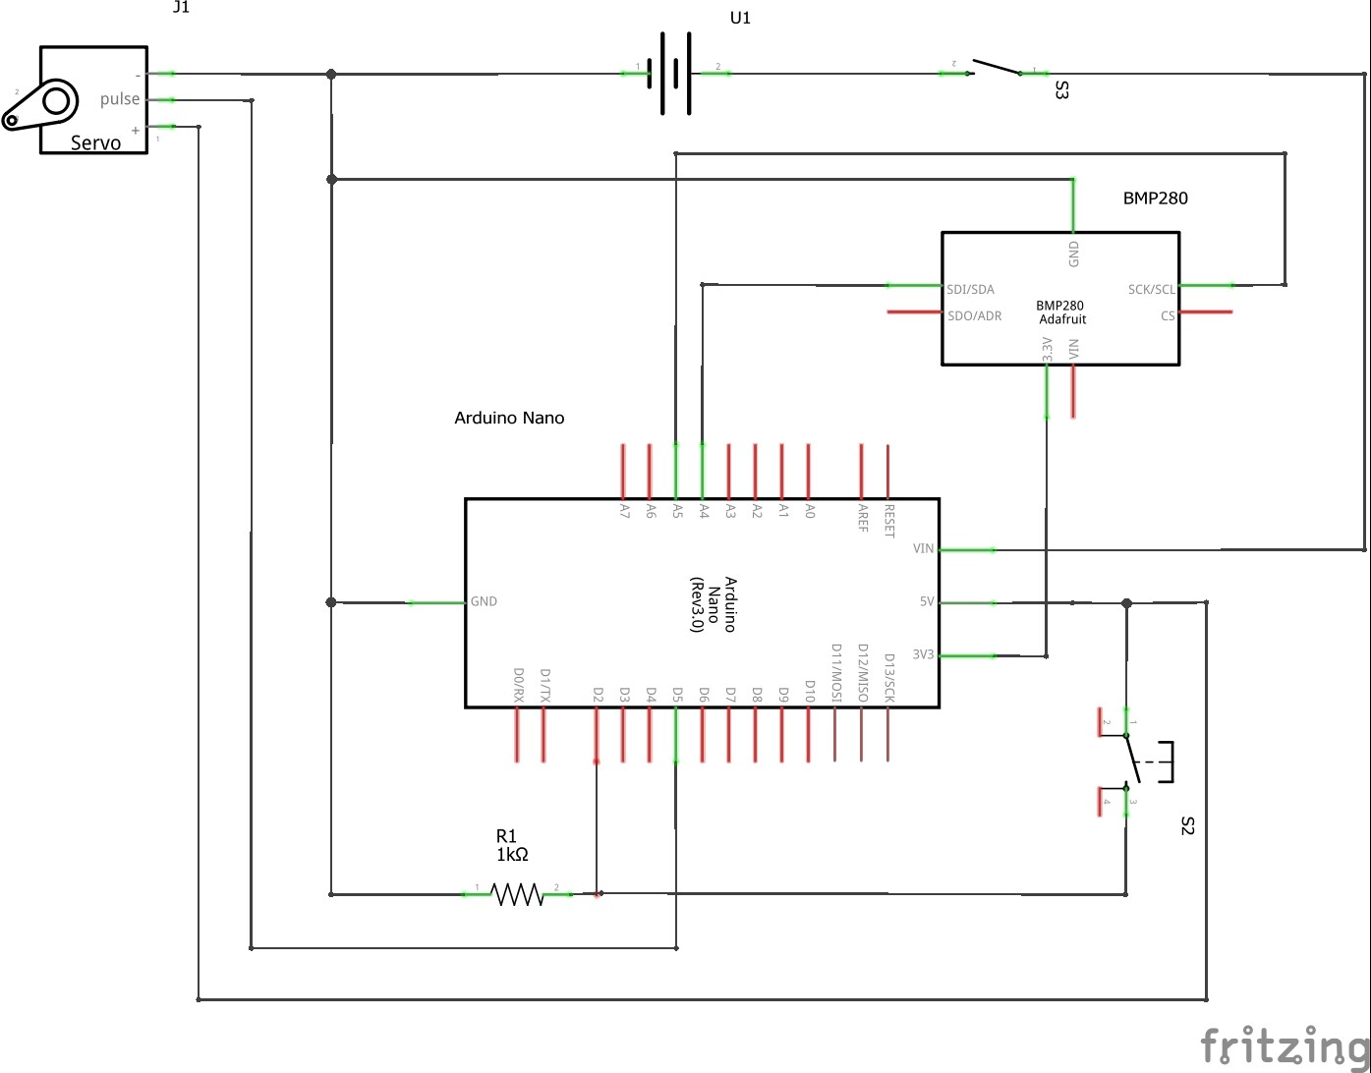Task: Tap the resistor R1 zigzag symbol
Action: point(517,894)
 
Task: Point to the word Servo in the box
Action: point(95,143)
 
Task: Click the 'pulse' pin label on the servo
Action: point(120,99)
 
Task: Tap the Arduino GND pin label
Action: point(484,601)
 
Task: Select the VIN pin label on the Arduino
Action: point(923,549)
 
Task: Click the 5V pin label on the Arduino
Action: point(926,602)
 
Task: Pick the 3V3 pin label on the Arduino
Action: point(923,655)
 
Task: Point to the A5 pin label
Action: point(677,511)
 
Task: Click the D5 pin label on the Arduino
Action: point(677,694)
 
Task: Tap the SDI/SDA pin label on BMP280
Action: point(970,290)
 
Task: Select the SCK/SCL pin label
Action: point(1151,290)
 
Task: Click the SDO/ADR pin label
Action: point(974,316)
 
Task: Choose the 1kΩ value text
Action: point(512,855)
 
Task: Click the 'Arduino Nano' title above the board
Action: point(509,418)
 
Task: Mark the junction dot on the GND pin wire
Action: point(331,602)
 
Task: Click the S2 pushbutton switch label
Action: point(1186,825)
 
